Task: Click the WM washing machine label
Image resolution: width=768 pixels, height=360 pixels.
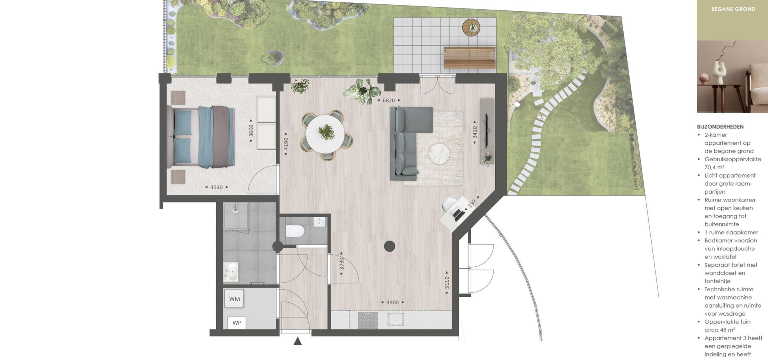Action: pos(234,299)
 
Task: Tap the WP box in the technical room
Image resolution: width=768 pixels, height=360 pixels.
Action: pos(237,323)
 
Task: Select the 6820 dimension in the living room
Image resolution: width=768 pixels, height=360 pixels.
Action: pos(388,100)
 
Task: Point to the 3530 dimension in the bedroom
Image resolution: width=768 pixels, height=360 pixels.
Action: pos(216,187)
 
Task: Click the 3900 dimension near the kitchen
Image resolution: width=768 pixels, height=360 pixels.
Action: pos(392,302)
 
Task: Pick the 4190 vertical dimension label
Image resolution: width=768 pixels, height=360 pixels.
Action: pos(286,144)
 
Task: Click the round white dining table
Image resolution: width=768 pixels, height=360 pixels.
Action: pos(325,134)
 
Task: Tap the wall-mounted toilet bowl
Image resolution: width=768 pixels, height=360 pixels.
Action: pos(295,231)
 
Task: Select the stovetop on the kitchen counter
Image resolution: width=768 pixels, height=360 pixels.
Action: pos(368,320)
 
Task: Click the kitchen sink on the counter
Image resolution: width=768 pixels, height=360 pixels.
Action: pos(396,319)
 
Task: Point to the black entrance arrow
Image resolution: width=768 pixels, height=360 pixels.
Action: pos(298,341)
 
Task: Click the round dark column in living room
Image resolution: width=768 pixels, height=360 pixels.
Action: pos(390,246)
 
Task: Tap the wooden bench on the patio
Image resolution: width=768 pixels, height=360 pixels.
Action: pos(470,58)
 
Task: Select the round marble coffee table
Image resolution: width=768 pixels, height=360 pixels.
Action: pos(440,154)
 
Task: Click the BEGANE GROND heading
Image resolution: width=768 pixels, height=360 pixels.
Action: pos(733,9)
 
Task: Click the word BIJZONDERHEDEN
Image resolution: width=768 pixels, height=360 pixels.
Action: pos(720,127)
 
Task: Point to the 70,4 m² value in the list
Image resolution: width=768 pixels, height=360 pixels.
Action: pos(714,167)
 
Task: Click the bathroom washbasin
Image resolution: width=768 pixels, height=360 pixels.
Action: pos(231,272)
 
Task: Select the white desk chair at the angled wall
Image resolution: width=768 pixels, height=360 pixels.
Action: pos(449,205)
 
